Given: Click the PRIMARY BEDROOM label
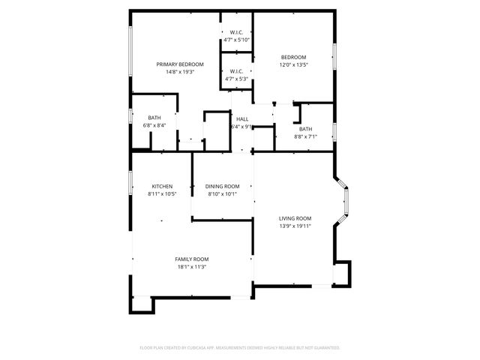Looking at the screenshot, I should click(180, 64).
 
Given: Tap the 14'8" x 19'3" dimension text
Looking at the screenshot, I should click(180, 72).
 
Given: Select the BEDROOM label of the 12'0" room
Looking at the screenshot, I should click(293, 57).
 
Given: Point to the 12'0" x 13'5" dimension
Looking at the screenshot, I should click(293, 64).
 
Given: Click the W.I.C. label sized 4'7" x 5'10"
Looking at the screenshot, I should click(235, 32).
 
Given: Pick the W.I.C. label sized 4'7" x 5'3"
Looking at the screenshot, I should click(235, 71).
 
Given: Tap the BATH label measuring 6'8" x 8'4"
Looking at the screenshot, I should click(154, 118).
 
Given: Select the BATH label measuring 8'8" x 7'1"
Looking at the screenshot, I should click(306, 129).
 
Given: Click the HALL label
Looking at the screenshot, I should click(242, 119).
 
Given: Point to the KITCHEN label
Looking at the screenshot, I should click(163, 186).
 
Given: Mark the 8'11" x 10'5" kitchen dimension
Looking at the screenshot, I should click(163, 194).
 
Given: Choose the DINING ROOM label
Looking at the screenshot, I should click(222, 186).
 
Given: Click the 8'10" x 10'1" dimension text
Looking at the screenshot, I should click(222, 194).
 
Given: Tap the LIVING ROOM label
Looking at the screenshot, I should click(295, 218).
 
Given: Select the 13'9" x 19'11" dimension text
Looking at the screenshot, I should click(295, 226).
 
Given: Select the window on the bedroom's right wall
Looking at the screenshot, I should click(334, 57).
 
